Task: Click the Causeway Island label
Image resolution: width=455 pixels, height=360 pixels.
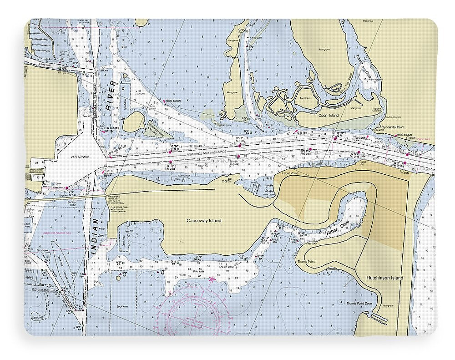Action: point(204,221)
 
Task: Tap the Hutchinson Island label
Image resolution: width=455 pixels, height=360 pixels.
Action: point(384,278)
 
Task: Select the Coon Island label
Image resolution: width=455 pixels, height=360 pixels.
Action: point(329,116)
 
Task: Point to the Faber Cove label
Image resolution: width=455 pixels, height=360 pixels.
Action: point(338,229)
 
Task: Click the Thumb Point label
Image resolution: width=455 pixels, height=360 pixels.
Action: point(306,262)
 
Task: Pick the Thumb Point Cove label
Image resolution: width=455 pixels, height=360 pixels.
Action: point(359,303)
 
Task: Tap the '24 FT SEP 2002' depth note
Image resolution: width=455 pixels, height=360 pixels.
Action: point(81,157)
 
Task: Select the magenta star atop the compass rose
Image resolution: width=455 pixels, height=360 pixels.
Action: point(211,279)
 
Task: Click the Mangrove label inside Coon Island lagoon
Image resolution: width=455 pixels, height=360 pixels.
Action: point(305,98)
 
